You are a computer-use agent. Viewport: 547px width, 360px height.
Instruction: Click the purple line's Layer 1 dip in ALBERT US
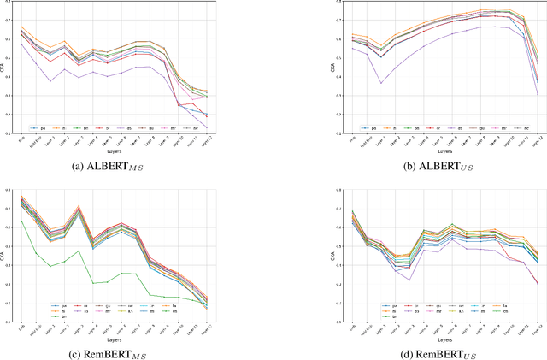(x=381, y=83)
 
